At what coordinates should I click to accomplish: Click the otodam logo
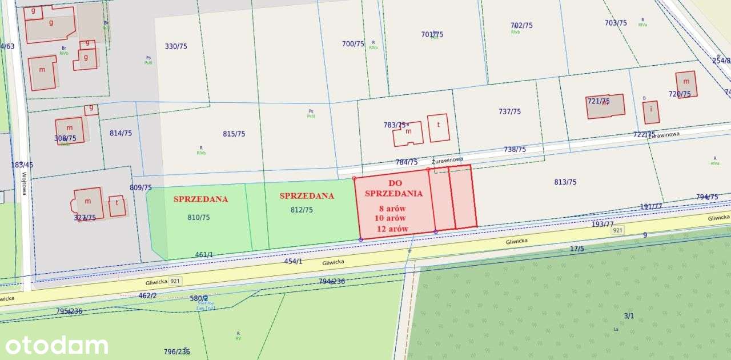click(56, 345)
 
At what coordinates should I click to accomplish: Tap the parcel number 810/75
click(198, 217)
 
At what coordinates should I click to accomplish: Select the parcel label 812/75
click(302, 210)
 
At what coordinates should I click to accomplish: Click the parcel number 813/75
click(565, 182)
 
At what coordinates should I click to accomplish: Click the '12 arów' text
click(392, 229)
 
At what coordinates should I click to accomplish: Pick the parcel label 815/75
click(234, 134)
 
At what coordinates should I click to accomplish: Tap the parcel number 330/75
click(176, 46)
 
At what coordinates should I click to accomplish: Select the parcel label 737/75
click(509, 111)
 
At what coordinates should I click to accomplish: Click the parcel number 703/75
click(616, 23)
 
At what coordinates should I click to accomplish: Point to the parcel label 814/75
click(121, 133)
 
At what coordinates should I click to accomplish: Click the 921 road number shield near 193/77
click(617, 230)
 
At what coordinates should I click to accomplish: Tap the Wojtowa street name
click(25, 184)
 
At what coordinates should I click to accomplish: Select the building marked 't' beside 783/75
click(439, 128)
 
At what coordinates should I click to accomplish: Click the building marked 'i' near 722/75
click(651, 112)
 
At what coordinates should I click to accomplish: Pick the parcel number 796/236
click(176, 351)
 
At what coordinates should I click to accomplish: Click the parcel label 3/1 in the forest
click(629, 315)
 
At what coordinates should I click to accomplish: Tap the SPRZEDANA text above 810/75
click(200, 199)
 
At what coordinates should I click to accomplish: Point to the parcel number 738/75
click(515, 149)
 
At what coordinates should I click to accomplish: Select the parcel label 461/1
click(204, 255)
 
